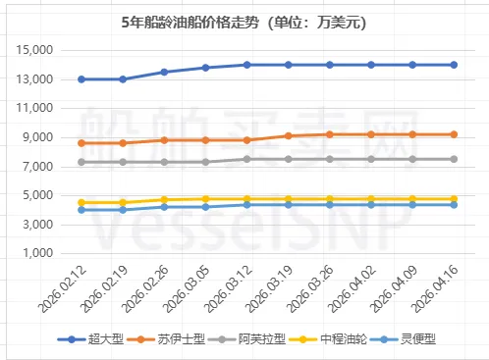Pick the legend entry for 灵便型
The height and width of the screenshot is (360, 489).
[419, 338]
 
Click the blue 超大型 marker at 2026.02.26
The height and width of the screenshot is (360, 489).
[164, 72]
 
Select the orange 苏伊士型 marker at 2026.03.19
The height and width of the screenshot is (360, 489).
[288, 136]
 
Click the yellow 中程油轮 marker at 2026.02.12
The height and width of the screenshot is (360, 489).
[81, 202]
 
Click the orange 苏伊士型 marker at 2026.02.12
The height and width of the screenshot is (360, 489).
[81, 143]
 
